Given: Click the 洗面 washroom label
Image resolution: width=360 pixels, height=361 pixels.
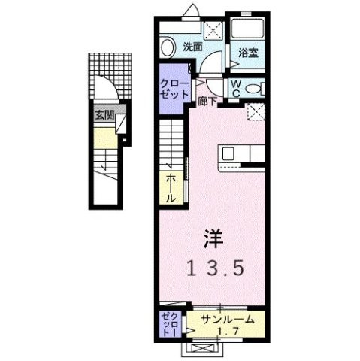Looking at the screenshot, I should [192, 47].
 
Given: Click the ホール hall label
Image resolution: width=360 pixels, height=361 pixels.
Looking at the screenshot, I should [171, 187].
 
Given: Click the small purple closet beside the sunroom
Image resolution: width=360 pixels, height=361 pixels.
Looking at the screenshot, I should [168, 324].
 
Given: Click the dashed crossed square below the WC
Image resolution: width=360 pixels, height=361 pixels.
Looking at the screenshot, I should [256, 112].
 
